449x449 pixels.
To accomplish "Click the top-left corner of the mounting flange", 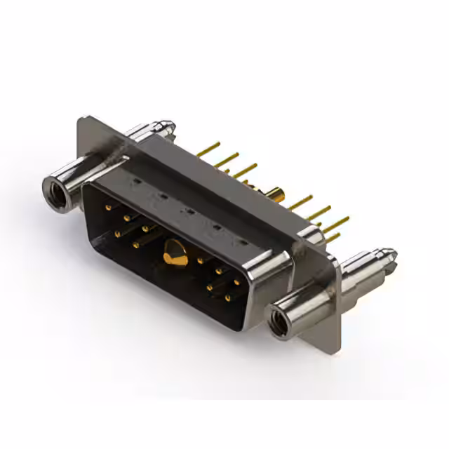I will pos(79,120).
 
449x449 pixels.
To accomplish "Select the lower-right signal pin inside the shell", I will pos(229,299).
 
